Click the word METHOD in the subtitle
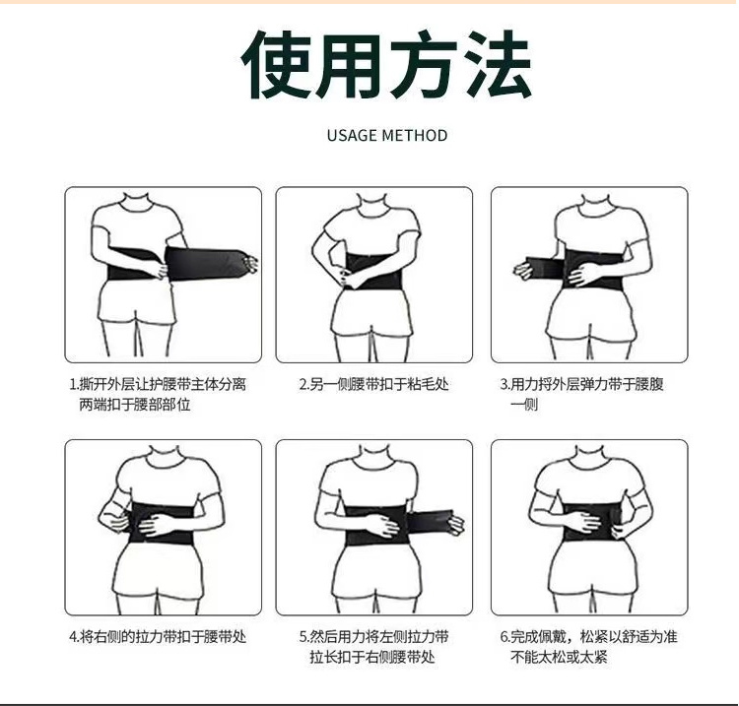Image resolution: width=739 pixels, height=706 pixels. pos(415,136)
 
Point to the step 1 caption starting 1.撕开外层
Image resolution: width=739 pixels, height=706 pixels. pos(158,394)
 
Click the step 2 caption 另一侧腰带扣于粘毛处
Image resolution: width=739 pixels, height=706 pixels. pos(373,384)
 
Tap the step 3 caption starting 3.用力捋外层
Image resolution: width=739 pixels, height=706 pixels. pos(582,394)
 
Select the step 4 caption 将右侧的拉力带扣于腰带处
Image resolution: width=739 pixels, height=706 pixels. pos(158,637)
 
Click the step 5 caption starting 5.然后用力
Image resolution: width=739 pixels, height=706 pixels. pos(373,647)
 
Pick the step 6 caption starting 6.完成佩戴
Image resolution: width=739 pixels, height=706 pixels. pos(588,647)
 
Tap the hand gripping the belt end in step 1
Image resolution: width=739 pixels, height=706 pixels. pos(250,264)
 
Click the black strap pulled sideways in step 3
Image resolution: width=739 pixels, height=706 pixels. pos(542,268)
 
